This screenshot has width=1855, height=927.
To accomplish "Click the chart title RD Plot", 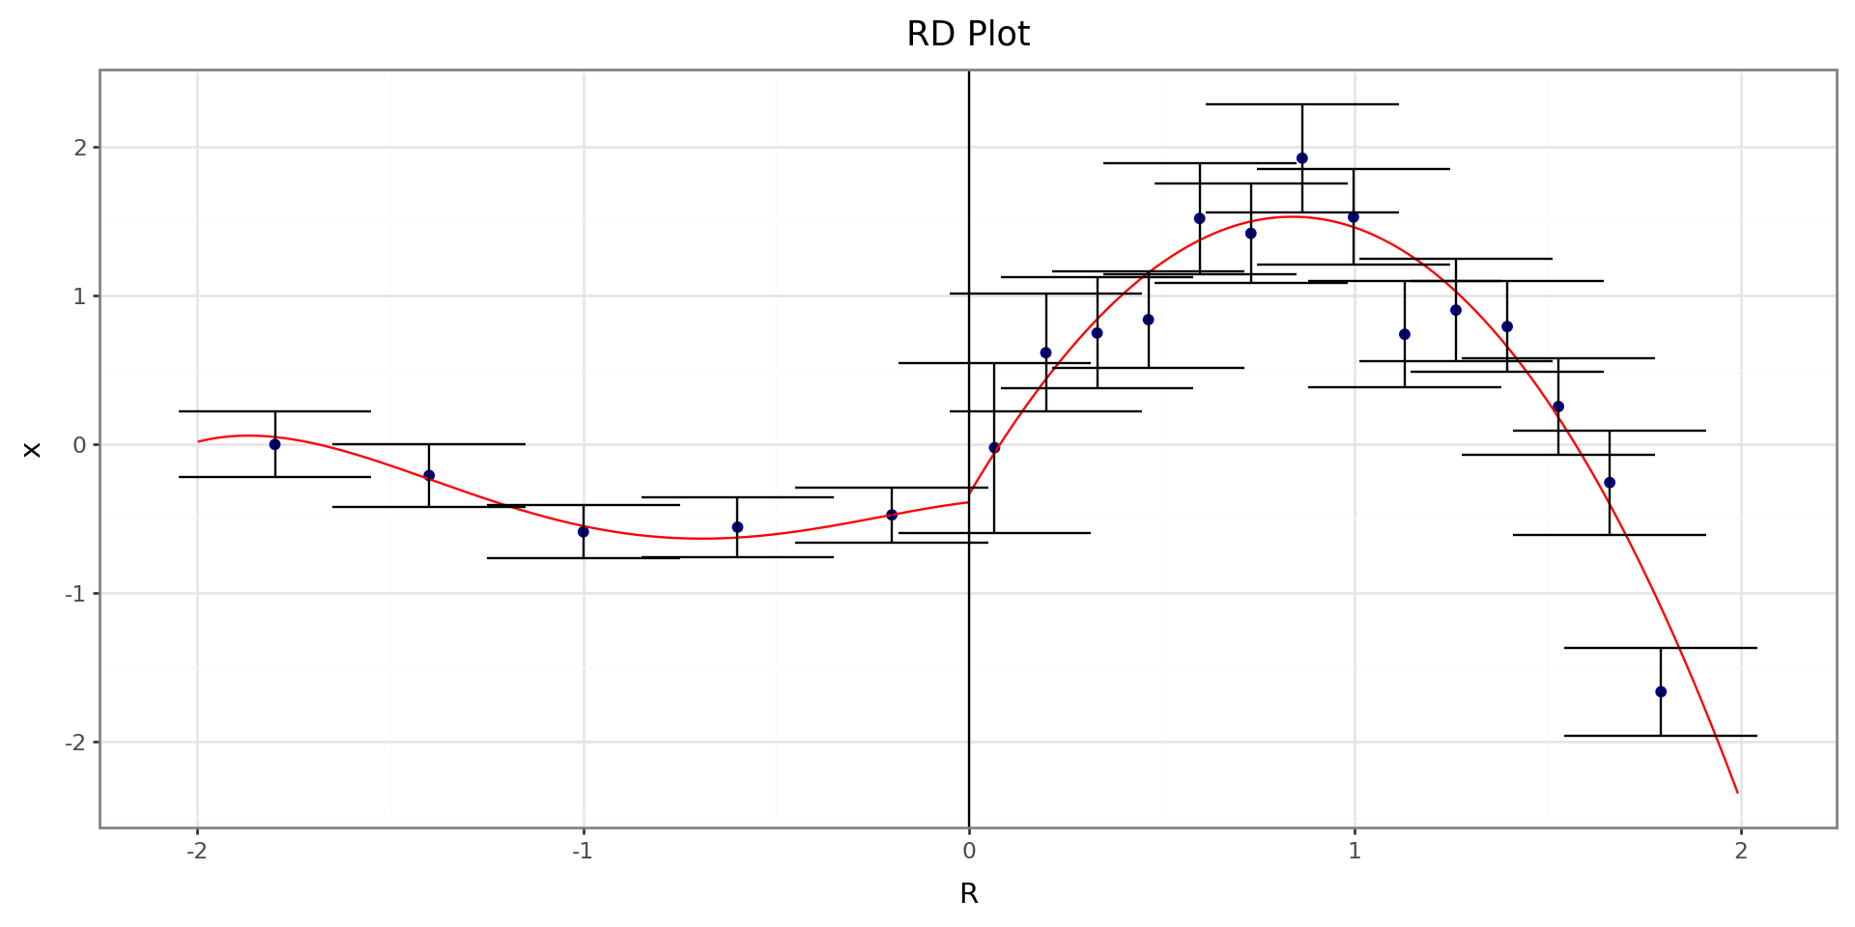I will coord(968,35).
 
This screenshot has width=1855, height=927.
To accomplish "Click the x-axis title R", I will coord(968,894).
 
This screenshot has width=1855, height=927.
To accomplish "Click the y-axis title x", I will coord(33,449).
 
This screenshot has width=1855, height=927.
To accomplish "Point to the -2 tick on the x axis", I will coord(197,851).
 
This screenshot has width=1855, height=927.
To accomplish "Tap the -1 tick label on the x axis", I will coord(582,851).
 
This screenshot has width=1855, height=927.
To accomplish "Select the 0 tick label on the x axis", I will coord(968,851).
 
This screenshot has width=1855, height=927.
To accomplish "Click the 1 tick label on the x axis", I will coord(1355,851).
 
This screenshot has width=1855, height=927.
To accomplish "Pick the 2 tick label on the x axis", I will coord(1741,851).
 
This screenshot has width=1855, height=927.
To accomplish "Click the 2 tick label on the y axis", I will coord(80,148).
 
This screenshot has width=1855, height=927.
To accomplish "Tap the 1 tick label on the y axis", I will coord(80,296).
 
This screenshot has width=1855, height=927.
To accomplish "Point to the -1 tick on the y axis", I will coord(75,594).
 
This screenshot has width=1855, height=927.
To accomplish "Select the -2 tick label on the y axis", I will coord(75,743).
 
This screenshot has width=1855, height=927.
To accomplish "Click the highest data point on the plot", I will coord(1301,158).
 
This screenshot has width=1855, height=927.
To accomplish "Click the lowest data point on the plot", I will coord(1661,691).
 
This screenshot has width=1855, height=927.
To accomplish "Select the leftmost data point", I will coord(274,444).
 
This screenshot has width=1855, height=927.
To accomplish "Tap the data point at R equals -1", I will coord(583,532).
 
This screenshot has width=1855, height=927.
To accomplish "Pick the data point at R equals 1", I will coord(1353,217).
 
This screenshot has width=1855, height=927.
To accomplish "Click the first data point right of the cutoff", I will coord(994,448).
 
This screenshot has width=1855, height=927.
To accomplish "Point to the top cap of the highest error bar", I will coord(1301,104).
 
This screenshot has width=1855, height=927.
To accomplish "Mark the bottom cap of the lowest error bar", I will coord(1661,736).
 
